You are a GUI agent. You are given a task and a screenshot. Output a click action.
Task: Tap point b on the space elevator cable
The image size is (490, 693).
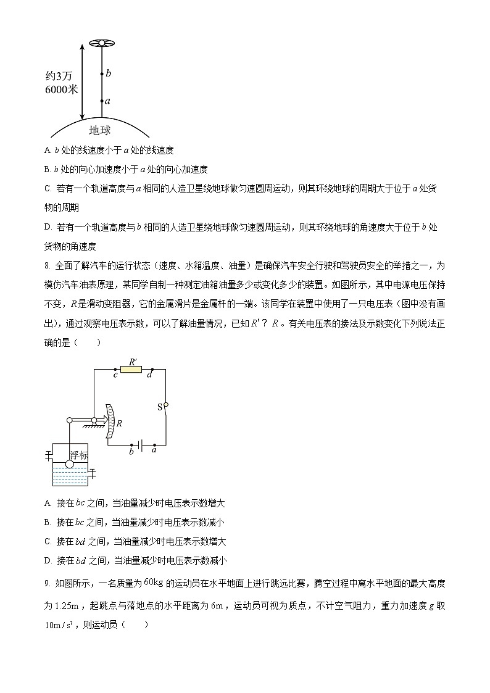[102, 74]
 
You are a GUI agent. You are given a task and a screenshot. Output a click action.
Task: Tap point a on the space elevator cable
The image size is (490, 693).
[102, 101]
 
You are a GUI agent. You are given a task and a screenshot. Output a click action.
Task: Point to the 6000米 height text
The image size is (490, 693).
[62, 89]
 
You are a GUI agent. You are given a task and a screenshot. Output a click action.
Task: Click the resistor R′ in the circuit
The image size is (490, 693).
[132, 369]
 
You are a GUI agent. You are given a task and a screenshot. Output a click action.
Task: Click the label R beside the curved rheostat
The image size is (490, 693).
[118, 424]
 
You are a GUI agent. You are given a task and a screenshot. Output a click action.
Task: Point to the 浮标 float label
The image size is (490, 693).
[78, 455]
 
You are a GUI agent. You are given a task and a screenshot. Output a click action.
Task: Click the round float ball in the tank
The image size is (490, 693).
[70, 465]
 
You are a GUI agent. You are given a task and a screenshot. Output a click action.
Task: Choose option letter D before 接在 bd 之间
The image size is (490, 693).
[48, 560]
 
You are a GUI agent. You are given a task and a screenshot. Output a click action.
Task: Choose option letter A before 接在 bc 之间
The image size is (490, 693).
[48, 503]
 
